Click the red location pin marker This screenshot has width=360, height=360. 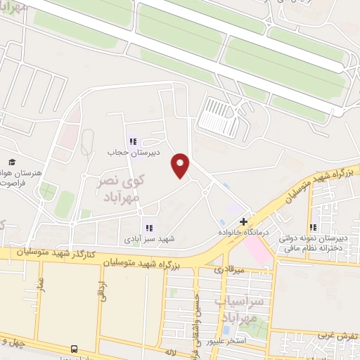click(x=181, y=165)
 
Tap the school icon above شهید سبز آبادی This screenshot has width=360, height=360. click(x=148, y=228)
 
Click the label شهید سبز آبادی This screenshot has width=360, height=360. click(x=148, y=239)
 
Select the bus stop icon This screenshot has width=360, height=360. click(x=74, y=349)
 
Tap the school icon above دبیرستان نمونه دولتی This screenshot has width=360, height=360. click(x=313, y=227)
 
